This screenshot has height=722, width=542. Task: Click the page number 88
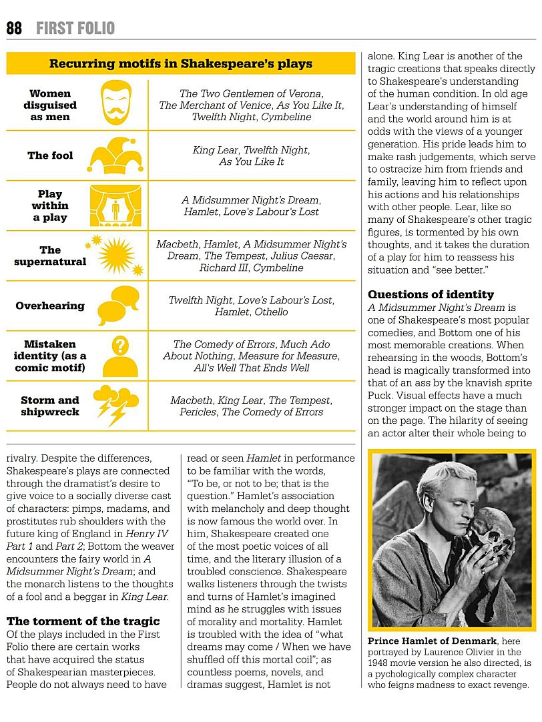(14, 28)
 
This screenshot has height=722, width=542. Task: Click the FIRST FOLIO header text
(75, 28)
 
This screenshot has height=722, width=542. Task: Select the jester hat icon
(115, 155)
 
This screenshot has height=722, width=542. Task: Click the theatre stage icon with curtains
(115, 205)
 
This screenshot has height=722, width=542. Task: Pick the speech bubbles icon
(117, 305)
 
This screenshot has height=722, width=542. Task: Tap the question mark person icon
(119, 356)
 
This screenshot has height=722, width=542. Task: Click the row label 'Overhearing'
(50, 306)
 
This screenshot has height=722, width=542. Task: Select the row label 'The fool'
(50, 155)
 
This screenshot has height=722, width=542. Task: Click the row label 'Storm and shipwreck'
(50, 406)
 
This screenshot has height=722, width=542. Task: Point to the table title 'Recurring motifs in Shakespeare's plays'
(180, 64)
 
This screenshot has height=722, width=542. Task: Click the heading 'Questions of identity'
(431, 294)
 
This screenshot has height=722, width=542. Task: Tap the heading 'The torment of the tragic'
(83, 621)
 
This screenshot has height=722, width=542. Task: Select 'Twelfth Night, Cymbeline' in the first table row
(252, 117)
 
